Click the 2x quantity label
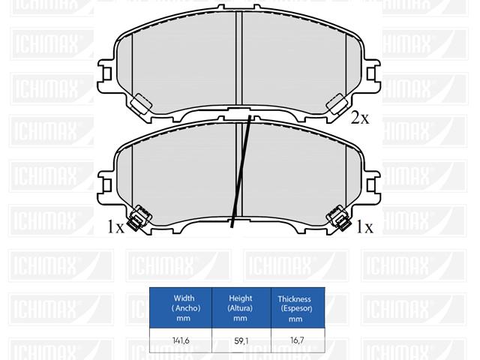coord(360,118)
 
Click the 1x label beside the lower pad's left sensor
coord(115,226)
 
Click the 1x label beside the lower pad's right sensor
coord(365,227)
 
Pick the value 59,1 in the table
coord(241,340)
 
